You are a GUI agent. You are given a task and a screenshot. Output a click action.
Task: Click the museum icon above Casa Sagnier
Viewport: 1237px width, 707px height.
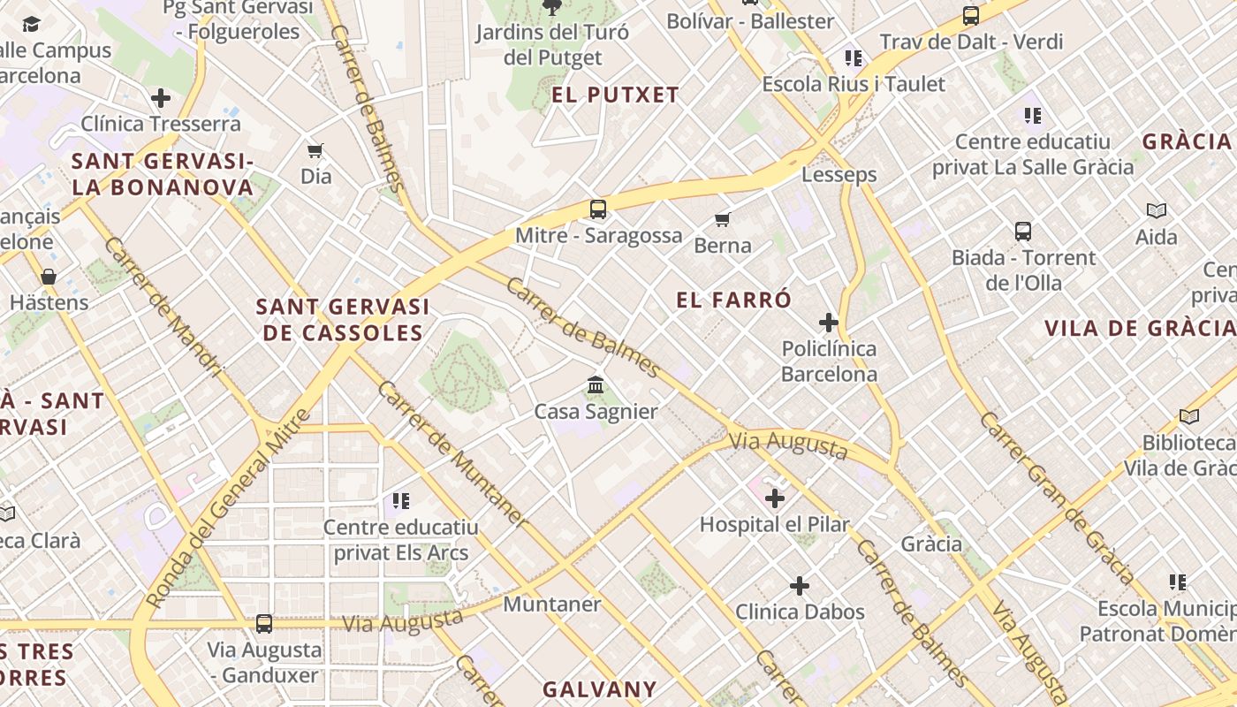(x=596, y=385)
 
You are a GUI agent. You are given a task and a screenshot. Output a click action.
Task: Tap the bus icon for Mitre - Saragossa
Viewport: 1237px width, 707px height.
(x=598, y=209)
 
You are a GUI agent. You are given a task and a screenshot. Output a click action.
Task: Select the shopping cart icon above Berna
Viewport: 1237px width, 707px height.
(x=723, y=219)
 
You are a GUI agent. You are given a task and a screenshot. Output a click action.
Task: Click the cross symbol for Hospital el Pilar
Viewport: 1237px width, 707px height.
(x=775, y=498)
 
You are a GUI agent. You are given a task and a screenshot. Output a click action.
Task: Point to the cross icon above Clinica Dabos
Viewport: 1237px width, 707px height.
(x=800, y=586)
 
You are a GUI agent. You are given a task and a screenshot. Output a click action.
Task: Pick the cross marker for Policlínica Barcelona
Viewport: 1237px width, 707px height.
(x=829, y=323)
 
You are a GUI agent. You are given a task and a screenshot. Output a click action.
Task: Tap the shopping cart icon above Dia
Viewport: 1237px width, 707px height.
(x=315, y=150)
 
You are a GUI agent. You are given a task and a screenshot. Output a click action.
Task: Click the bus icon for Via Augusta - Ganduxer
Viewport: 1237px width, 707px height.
(x=264, y=624)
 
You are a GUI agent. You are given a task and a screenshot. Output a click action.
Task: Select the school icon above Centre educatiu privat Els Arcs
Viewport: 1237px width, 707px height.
(x=401, y=501)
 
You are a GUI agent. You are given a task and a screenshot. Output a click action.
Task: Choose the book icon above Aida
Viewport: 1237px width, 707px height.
(x=1157, y=210)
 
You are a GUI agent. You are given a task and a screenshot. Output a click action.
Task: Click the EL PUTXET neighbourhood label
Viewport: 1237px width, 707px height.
(x=615, y=95)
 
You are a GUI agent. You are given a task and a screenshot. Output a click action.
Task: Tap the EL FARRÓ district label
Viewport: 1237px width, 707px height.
(x=733, y=300)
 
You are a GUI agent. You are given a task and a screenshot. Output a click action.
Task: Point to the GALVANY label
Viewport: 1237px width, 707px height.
(x=600, y=689)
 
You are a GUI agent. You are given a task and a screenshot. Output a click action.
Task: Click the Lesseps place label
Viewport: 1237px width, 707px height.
(x=839, y=174)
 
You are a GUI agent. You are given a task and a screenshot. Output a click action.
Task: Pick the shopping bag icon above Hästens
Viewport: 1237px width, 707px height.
(x=49, y=277)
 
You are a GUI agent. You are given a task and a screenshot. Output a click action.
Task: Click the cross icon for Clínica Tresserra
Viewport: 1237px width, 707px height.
(x=161, y=97)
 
